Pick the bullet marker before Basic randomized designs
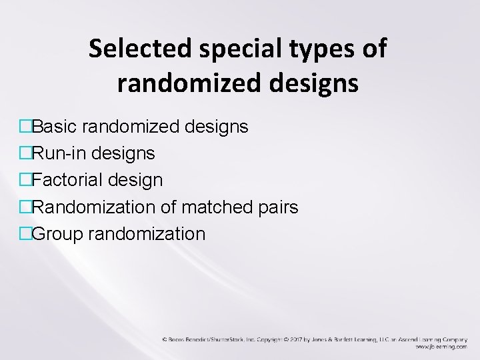(26, 127)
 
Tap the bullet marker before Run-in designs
(26, 154)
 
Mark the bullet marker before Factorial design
(26, 181)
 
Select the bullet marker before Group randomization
(26, 235)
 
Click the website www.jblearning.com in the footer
(441, 347)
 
